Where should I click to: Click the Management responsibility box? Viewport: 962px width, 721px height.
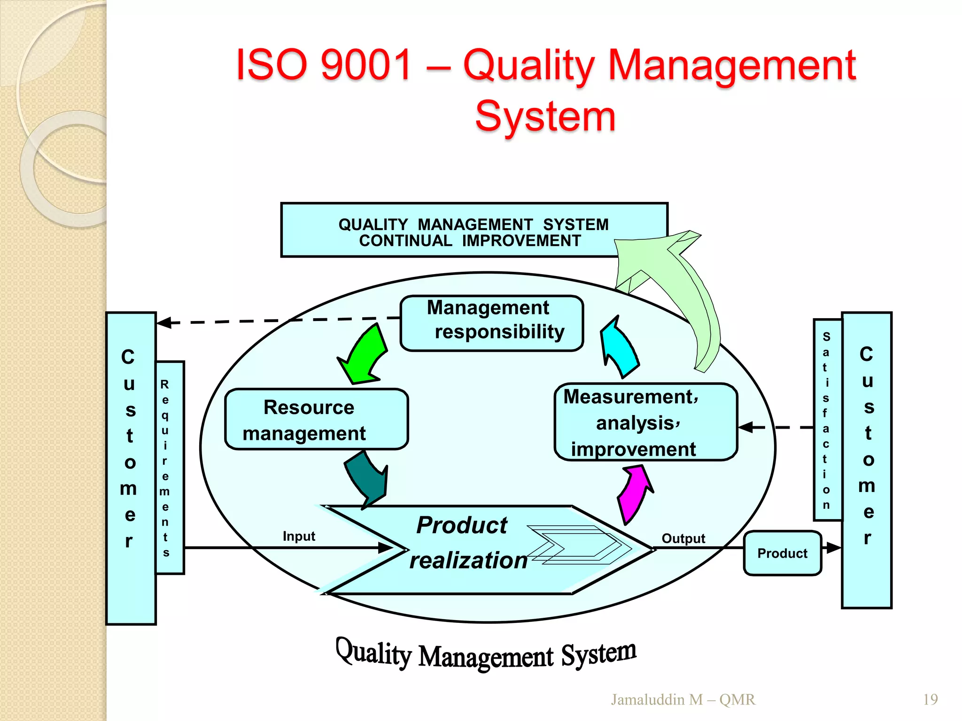(x=491, y=323)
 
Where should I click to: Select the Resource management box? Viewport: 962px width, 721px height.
(x=316, y=419)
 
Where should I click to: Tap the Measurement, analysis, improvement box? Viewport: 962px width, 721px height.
(x=645, y=422)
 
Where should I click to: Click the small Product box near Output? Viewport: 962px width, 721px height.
(x=782, y=553)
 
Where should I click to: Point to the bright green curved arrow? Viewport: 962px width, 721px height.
(x=365, y=354)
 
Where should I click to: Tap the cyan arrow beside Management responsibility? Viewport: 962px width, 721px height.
(x=620, y=348)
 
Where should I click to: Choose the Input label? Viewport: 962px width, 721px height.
(x=299, y=536)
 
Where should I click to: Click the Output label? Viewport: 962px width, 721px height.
(x=683, y=538)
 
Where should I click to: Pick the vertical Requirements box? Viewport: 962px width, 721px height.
(x=170, y=468)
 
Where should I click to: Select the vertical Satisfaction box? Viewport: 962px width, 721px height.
(x=827, y=420)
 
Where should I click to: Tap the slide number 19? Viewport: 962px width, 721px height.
(x=930, y=699)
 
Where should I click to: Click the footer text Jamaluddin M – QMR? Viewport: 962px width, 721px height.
(x=683, y=699)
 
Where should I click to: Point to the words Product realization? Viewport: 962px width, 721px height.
(x=463, y=543)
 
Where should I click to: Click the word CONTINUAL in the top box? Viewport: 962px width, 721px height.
(x=405, y=241)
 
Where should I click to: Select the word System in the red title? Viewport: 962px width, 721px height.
(x=545, y=116)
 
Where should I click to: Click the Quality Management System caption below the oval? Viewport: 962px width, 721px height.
(x=486, y=654)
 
